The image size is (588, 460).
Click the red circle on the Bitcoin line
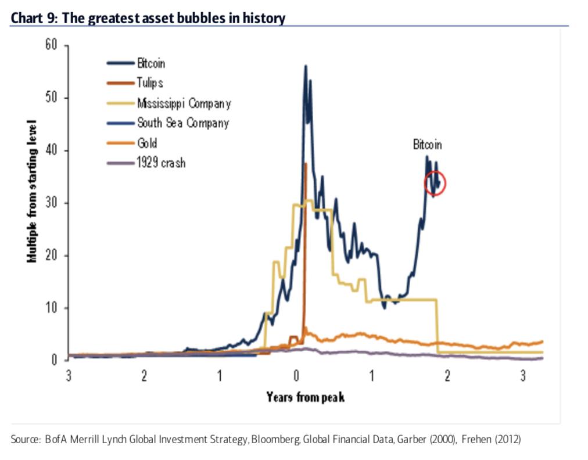click(x=435, y=184)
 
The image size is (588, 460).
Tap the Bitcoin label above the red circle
click(x=427, y=145)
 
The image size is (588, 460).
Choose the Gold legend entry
click(x=147, y=143)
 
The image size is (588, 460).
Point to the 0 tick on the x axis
click(x=296, y=376)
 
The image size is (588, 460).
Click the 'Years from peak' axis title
click(x=306, y=397)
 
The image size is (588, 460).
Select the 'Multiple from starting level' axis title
click(x=33, y=192)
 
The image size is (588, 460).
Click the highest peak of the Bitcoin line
click(x=306, y=66)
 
